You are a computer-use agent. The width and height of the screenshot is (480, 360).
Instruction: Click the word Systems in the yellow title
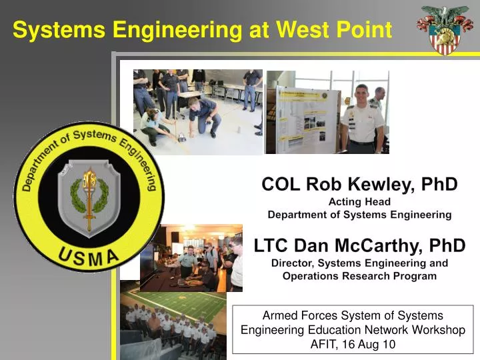(x=59, y=30)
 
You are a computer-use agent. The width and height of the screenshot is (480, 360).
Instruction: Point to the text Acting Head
(x=359, y=201)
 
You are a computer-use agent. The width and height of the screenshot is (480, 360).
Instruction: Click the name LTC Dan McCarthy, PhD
(x=359, y=245)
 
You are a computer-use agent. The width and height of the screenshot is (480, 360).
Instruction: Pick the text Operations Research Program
(x=359, y=276)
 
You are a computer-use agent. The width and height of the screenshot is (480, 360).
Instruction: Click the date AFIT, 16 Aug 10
(x=353, y=344)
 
